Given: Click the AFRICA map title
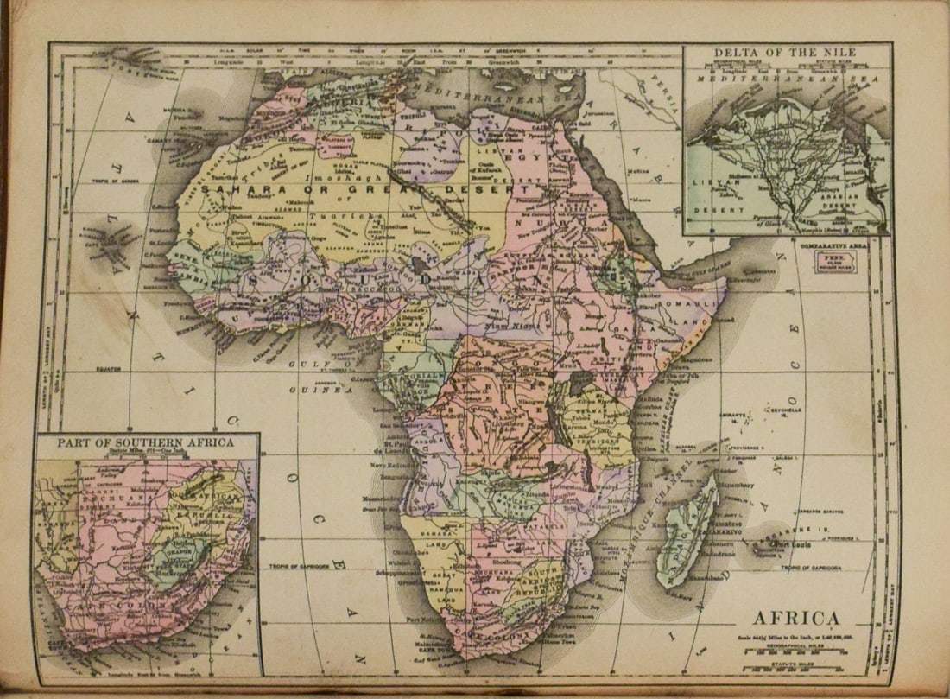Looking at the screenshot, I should (x=796, y=618).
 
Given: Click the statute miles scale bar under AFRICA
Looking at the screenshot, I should (x=796, y=668).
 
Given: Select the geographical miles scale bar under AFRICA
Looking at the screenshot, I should (x=796, y=651).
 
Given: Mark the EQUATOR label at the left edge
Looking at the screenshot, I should (x=103, y=369).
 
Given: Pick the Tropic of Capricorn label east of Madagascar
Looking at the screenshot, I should (x=815, y=568).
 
